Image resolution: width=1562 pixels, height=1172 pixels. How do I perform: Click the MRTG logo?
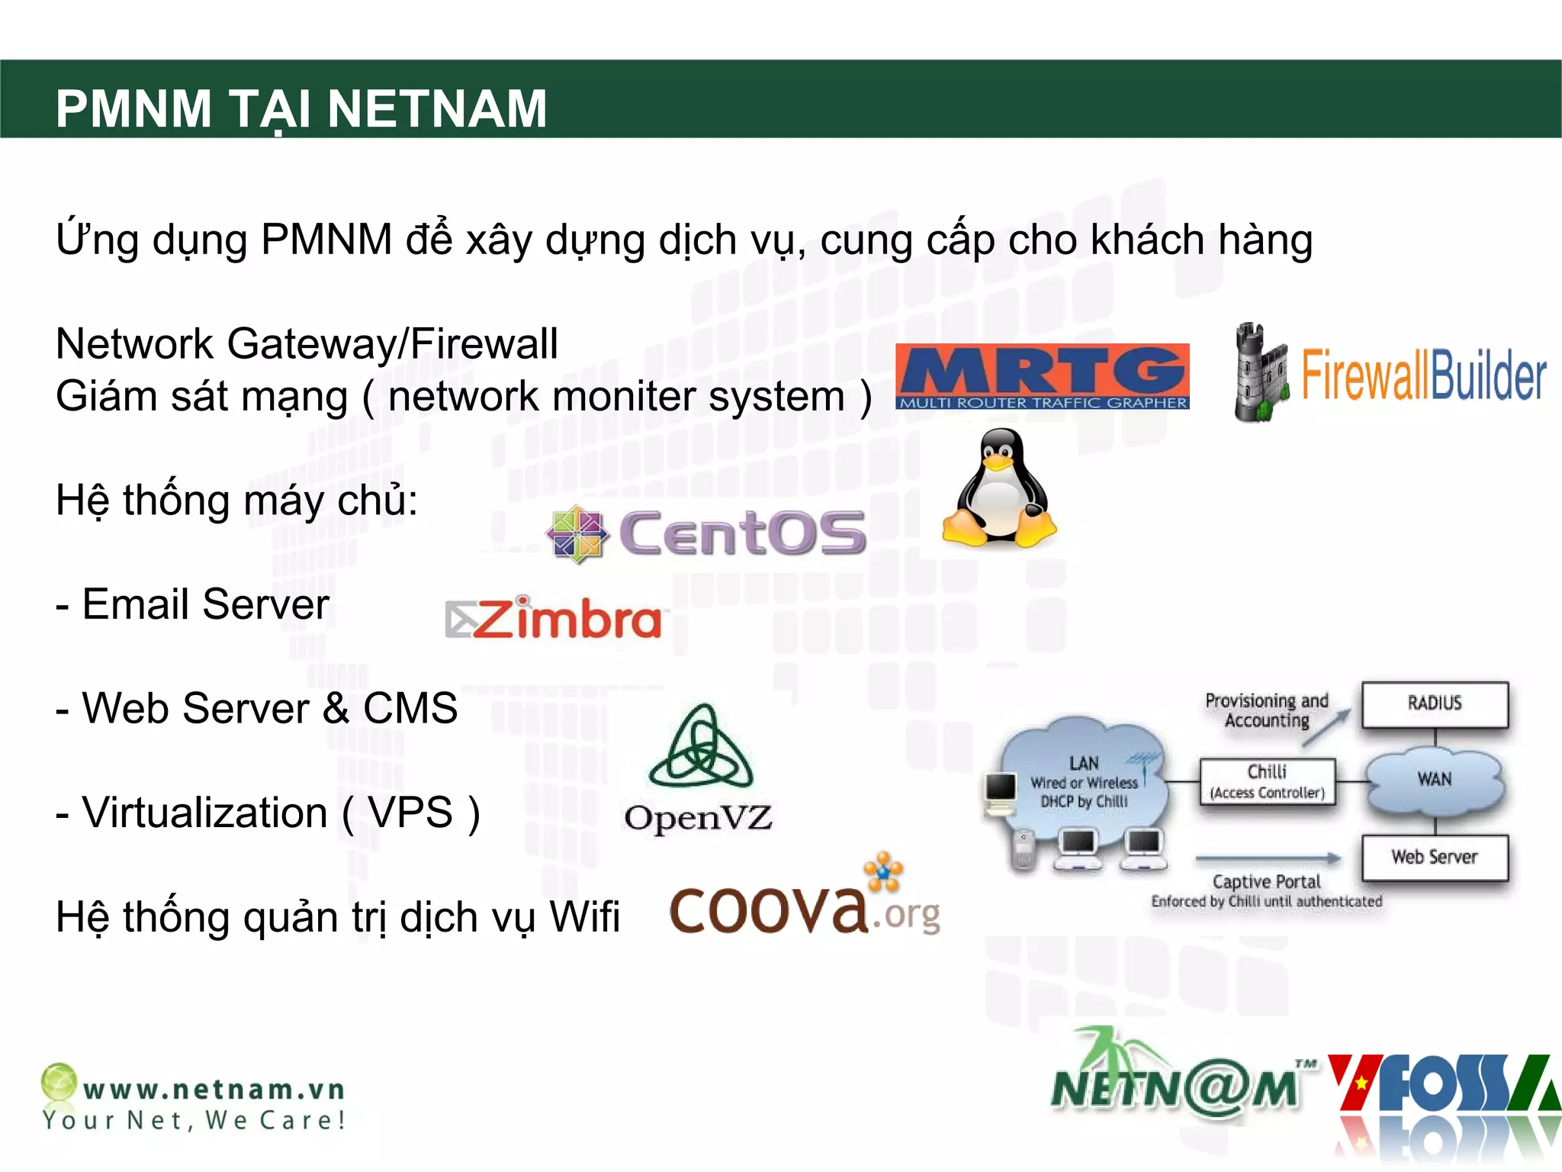click(1042, 377)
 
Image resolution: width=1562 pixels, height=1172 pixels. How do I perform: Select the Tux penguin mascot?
click(999, 488)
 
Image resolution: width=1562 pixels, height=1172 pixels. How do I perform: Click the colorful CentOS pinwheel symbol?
click(577, 534)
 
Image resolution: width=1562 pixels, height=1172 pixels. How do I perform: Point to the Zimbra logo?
click(553, 618)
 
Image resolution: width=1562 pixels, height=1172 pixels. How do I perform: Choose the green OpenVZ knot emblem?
click(701, 748)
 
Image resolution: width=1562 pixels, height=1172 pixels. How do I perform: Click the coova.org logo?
click(805, 900)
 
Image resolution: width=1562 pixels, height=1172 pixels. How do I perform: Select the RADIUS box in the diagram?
click(1435, 704)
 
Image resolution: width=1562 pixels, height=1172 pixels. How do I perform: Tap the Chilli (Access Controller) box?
click(1267, 781)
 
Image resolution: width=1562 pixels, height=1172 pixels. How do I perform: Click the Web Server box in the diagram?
click(1434, 858)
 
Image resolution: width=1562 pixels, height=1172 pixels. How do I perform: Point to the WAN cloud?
click(1434, 781)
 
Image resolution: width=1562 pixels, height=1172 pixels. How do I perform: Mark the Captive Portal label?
click(1266, 882)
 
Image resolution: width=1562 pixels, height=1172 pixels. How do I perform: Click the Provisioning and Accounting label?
click(1266, 710)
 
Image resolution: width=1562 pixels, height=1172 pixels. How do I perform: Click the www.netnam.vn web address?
click(214, 1089)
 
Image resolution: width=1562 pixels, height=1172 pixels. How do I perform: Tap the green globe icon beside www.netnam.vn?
click(59, 1081)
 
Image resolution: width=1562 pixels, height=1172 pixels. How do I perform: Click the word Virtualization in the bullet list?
click(204, 813)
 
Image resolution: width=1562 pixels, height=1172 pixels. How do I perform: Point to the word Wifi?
click(584, 916)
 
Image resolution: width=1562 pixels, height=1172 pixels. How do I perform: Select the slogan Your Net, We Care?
click(194, 1120)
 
